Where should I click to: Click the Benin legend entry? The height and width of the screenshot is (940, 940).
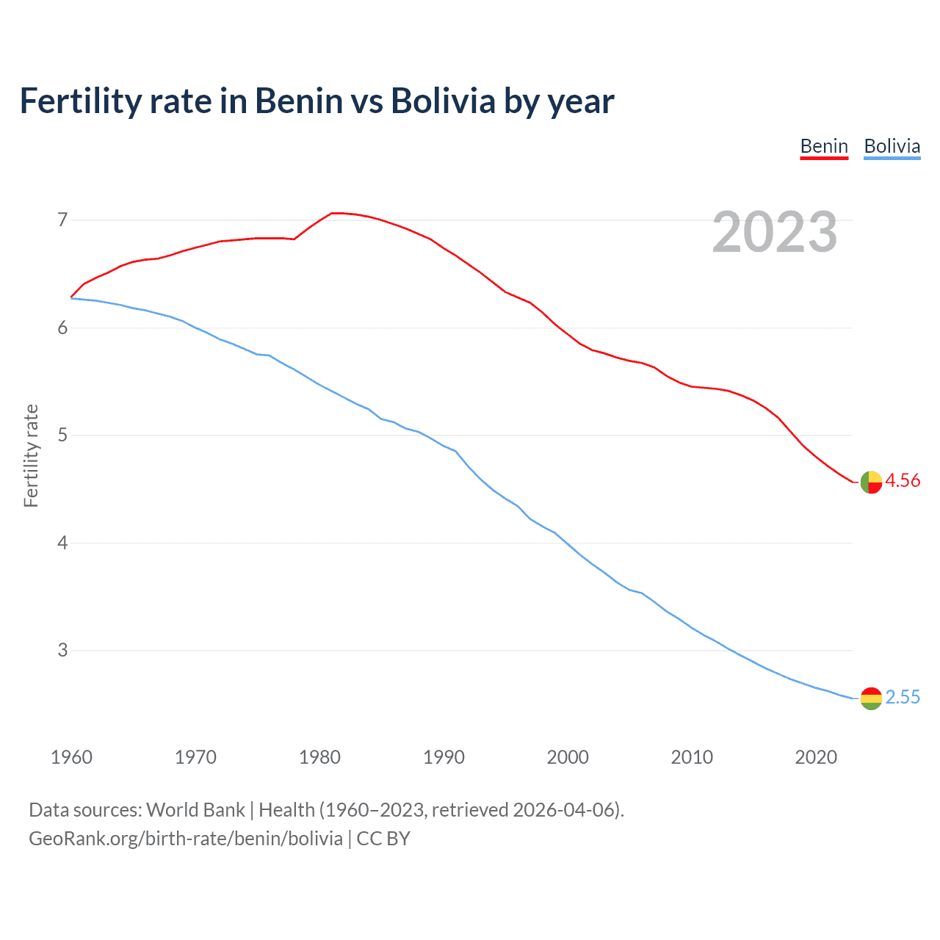click(824, 146)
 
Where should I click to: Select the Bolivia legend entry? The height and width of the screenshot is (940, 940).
click(892, 146)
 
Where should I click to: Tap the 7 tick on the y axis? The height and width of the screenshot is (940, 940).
click(62, 220)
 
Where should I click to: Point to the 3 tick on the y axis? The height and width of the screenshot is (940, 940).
click(62, 650)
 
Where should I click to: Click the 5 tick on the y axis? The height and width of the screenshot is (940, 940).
click(62, 435)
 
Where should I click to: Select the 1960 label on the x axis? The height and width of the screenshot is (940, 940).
click(71, 757)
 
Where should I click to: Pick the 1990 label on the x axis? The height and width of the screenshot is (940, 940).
click(444, 757)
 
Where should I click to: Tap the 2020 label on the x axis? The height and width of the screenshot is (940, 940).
click(816, 757)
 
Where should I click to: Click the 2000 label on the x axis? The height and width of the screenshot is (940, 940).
click(568, 757)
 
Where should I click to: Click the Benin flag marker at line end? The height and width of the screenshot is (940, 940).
click(871, 482)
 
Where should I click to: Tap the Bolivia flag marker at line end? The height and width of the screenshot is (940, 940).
click(871, 698)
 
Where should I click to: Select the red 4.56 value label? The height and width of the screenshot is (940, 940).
click(903, 480)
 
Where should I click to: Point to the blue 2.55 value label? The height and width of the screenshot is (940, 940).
click(903, 697)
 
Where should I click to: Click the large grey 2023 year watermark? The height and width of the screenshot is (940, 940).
click(775, 232)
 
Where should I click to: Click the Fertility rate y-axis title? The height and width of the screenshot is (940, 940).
click(31, 455)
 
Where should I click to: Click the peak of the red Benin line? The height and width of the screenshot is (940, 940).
click(335, 213)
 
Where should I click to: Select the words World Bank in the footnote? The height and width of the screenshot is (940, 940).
click(195, 809)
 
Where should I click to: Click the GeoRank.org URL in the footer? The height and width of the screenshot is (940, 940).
click(186, 838)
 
